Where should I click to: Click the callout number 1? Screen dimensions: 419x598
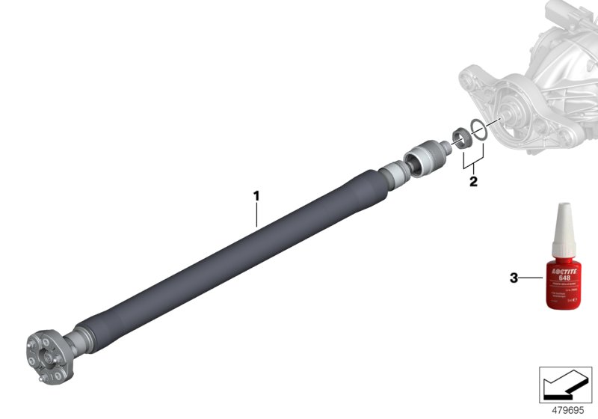coord(256,196)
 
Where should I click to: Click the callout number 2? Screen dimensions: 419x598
coord(472,181)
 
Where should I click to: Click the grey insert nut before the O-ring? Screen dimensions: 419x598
coord(461,138)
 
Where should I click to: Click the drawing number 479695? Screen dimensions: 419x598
coord(567,411)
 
